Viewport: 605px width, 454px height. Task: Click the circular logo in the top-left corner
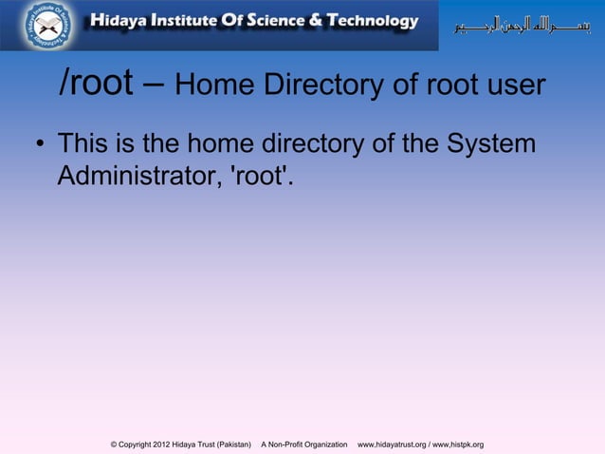tap(48, 26)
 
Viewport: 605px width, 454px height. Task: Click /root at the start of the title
tap(96, 85)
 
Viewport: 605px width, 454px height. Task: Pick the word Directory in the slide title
tap(324, 86)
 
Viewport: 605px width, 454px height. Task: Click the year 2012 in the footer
tap(167, 445)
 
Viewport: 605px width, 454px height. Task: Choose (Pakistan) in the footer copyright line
tap(230, 445)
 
